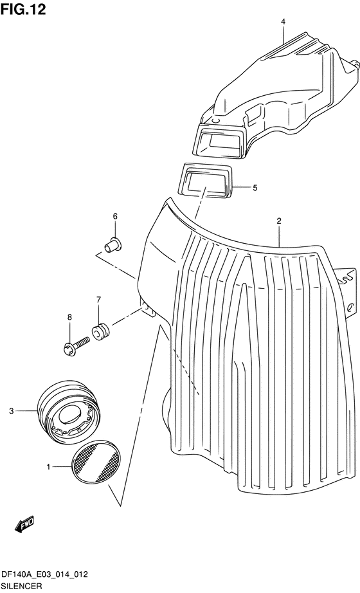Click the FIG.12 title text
23,10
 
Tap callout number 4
283,22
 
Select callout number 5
255,188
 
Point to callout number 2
279,221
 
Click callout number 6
115,216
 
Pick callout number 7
98,300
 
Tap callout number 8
69,317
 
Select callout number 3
12,411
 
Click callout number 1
48,468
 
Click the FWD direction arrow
24,524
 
